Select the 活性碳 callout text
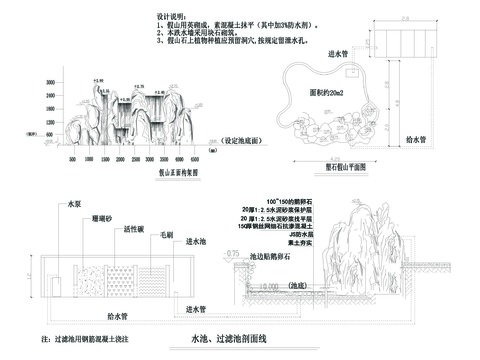point(132,228)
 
